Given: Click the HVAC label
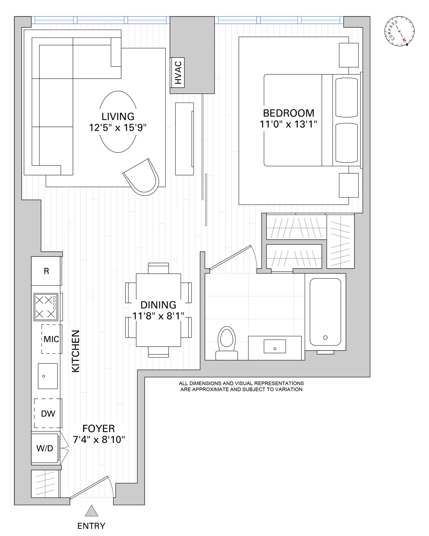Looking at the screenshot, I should pos(178,73).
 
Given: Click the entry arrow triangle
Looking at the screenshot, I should pos(92,511).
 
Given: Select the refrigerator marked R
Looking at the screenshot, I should pos(46,271).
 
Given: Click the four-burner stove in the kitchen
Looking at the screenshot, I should pos(45,307).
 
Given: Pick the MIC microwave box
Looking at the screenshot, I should pos(51,339).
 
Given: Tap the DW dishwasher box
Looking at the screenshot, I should pos(48,413).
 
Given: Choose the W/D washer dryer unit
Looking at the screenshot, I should pos(45,448).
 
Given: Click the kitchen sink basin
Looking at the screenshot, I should pos(48,376).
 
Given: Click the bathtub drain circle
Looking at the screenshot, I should pos(325,337).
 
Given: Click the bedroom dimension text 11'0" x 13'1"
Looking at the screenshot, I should pos(289,124).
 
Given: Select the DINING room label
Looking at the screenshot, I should pos(158,305).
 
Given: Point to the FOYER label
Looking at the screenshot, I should pos(98,428).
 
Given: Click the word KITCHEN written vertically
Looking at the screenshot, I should pos(76,351).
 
